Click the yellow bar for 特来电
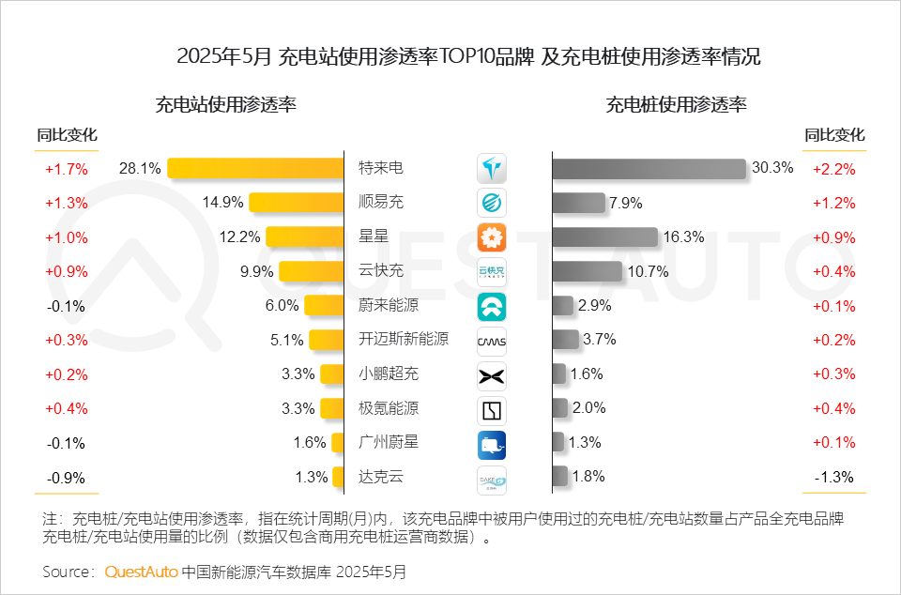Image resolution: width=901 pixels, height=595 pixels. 256,169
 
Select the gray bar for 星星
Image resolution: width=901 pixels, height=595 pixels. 604,237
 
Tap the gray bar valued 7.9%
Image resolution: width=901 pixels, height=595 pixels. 578,203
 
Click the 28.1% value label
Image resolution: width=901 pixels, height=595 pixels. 140,169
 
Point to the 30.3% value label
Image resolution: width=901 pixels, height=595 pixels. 772,169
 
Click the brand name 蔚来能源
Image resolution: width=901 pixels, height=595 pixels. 389,306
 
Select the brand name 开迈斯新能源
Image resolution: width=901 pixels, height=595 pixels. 404,340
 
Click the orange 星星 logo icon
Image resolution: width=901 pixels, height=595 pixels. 492,236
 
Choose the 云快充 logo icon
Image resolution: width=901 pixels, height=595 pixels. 492,272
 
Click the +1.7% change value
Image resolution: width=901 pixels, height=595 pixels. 66,170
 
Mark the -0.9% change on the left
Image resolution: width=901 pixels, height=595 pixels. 66,478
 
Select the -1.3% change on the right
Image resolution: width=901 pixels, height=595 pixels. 833,478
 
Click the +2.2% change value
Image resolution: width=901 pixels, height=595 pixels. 833,170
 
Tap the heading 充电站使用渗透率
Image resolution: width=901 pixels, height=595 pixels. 226,105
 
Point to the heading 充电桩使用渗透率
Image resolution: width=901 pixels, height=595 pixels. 677,105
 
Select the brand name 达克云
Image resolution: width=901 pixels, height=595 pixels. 381,477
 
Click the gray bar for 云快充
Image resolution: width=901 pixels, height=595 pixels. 587,272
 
